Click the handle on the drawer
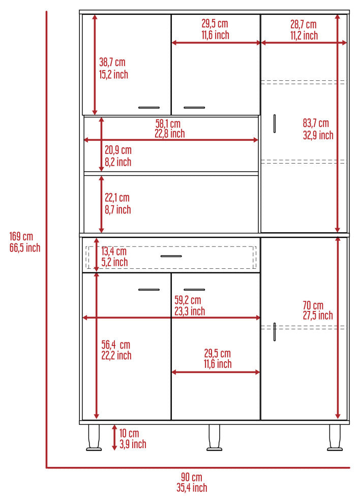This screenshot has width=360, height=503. click(x=171, y=256)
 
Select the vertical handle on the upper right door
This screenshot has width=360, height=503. click(x=275, y=123)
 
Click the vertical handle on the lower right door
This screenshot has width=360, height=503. click(x=275, y=332)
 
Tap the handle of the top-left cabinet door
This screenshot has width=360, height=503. click(x=149, y=108)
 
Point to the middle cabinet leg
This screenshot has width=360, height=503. click(x=214, y=437)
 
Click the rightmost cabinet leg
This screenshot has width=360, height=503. click(x=335, y=437)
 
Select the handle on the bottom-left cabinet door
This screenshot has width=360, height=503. click(x=149, y=290)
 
